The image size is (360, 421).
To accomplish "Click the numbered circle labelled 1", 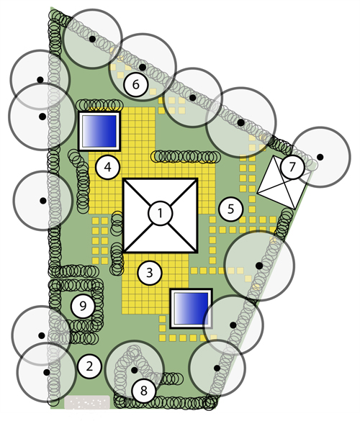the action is pyautogui.click(x=160, y=214).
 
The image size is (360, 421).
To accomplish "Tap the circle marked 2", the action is pyautogui.click(x=89, y=366).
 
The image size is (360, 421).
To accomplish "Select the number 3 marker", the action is pyautogui.click(x=150, y=273).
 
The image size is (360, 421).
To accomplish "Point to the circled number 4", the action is pyautogui.click(x=108, y=167).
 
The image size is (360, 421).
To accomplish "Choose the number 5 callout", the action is pyautogui.click(x=231, y=209).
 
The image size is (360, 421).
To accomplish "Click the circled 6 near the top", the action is pyautogui.click(x=136, y=84).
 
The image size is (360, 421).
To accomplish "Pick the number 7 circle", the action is pyautogui.click(x=292, y=167).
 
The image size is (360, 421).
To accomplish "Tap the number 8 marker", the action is pyautogui.click(x=144, y=390).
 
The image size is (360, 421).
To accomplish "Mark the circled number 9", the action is pyautogui.click(x=83, y=306).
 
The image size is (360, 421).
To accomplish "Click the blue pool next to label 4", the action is pyautogui.click(x=99, y=131).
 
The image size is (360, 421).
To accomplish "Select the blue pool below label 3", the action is pyautogui.click(x=192, y=309).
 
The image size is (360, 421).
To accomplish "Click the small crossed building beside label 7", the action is pyautogui.click(x=282, y=182).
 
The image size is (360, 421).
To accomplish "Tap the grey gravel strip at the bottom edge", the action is pyautogui.click(x=87, y=402).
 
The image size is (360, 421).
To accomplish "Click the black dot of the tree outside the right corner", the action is pyautogui.click(x=320, y=157).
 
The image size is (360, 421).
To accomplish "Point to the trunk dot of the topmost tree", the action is pyautogui.click(x=92, y=39).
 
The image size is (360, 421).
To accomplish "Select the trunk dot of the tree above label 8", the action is pyautogui.click(x=135, y=370).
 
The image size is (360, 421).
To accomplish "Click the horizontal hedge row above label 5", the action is pyautogui.click(x=185, y=157).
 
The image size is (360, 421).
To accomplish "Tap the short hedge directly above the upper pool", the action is pyautogui.click(x=99, y=105).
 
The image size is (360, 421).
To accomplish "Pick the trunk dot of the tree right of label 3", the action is pyautogui.click(x=259, y=266).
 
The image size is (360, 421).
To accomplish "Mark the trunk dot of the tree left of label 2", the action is pyautogui.click(x=47, y=372).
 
